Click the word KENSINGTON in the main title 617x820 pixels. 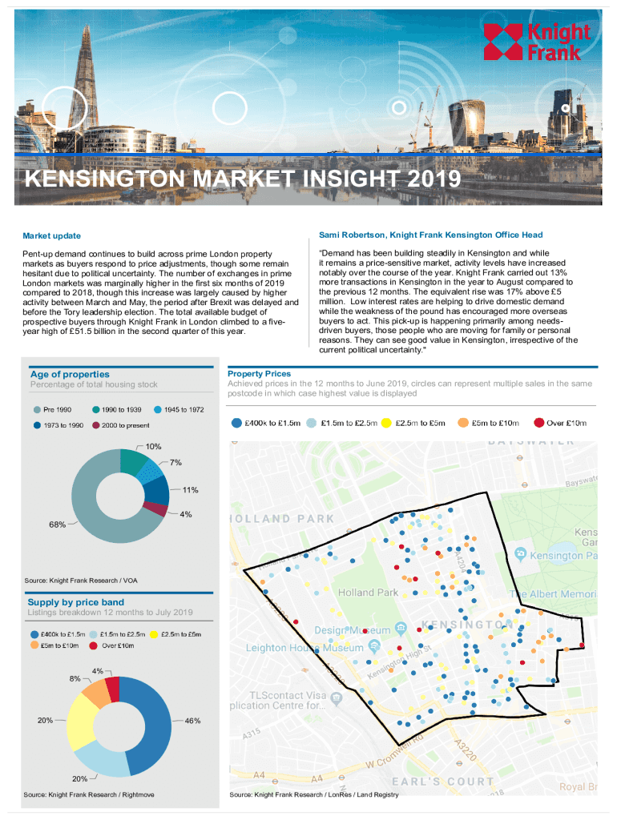(x=103, y=178)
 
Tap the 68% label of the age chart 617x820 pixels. (x=57, y=525)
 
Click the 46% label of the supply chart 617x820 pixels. (x=192, y=721)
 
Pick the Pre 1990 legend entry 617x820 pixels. (x=58, y=409)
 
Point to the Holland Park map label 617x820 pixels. (x=369, y=593)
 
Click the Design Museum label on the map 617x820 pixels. (x=357, y=630)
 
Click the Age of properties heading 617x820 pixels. (x=70, y=374)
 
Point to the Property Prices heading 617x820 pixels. (x=259, y=373)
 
